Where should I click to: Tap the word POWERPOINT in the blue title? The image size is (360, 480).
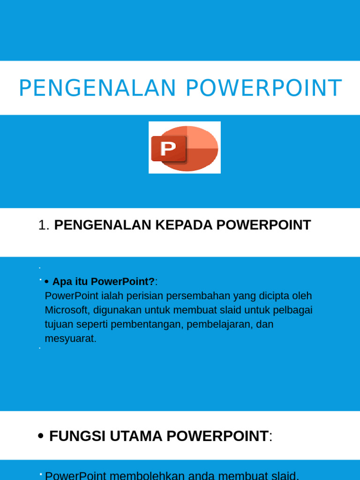(x=264, y=89)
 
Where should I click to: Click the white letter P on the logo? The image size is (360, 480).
(x=168, y=149)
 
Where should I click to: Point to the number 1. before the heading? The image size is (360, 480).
(x=44, y=225)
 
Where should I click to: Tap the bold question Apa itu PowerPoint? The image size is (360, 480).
(x=103, y=282)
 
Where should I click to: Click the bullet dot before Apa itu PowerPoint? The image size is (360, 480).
(x=47, y=282)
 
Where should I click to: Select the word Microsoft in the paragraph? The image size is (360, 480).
(x=67, y=310)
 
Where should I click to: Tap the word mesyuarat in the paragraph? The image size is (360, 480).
(x=70, y=338)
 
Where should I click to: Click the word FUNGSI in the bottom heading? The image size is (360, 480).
(x=78, y=436)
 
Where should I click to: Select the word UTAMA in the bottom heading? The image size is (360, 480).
(x=136, y=436)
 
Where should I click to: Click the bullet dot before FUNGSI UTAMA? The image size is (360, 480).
(x=41, y=436)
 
